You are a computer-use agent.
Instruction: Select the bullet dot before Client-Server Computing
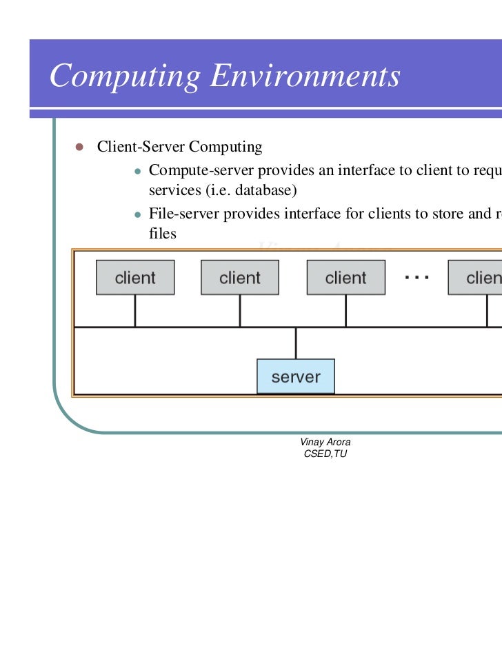pos(78,147)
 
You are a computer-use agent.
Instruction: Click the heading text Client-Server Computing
pos(179,147)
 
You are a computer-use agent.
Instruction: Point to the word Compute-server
pos(201,170)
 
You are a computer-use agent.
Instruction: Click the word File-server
pos(183,214)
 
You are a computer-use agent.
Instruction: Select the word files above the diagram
pos(162,234)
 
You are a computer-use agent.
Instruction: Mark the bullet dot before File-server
pos(138,214)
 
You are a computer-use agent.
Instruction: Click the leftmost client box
pos(135,278)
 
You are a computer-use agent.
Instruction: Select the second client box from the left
pos(240,278)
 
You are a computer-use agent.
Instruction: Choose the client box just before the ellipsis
pos(345,278)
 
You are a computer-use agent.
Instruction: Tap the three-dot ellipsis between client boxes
pos(417,277)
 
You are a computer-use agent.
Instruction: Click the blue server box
pos(296,376)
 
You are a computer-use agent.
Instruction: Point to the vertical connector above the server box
pos(296,343)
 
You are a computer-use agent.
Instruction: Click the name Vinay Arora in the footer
pos(325,442)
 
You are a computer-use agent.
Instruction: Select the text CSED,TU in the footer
pos(325,454)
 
